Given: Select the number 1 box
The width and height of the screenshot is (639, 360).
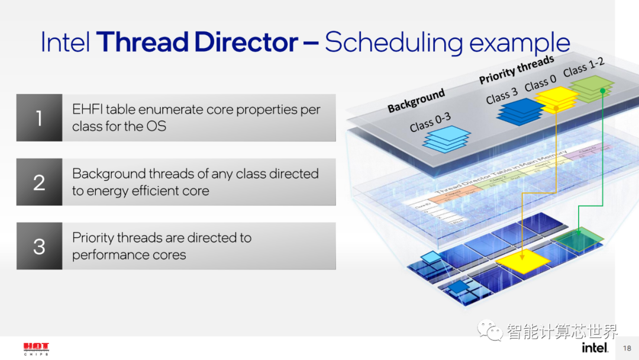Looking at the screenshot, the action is (x=39, y=118).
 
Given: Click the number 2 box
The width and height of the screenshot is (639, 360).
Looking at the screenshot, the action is (x=39, y=182).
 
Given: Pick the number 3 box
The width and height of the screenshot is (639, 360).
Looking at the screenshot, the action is (x=39, y=246).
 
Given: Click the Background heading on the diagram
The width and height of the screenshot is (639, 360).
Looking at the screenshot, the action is (x=416, y=101).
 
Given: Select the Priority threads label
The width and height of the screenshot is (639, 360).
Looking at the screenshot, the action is (x=516, y=70).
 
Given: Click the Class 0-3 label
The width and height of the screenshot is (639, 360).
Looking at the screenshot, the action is (x=430, y=122).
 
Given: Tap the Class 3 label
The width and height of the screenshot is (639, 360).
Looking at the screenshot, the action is (x=502, y=95).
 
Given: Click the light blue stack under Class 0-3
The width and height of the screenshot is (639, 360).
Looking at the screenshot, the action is (x=447, y=139).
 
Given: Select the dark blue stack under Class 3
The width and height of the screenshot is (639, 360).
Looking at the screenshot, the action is (x=521, y=111).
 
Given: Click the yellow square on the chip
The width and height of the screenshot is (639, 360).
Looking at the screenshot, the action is (x=523, y=259).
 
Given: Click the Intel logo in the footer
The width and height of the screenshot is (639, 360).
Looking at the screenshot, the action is (x=595, y=347).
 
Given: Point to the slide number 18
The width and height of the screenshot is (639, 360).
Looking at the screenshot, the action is (x=627, y=348).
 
